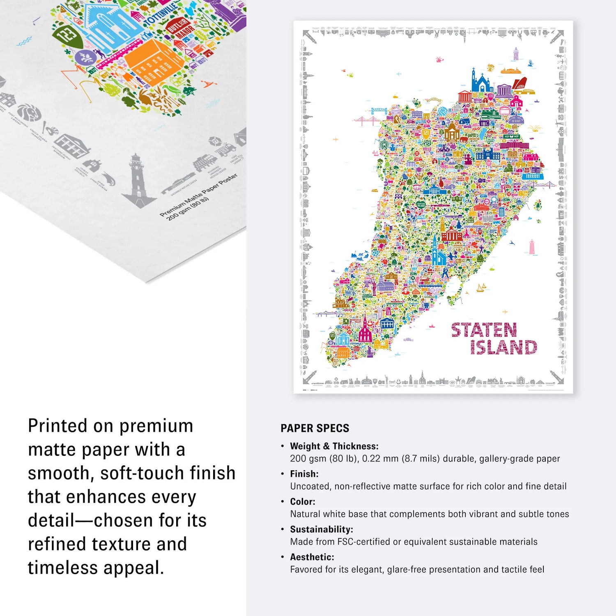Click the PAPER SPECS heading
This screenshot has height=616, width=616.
pos(315,428)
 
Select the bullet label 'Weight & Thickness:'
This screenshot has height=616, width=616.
pos(334,446)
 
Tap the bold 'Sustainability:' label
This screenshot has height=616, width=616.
pos(321,529)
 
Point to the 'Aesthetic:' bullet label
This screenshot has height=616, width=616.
pos(312,557)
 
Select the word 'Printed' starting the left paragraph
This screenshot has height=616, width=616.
pos(57,426)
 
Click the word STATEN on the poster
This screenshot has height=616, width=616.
pos(484,330)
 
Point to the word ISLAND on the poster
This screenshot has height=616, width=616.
pos(503,347)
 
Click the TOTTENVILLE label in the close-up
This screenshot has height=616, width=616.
pos(161,13)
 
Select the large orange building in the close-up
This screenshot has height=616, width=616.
pos(154,62)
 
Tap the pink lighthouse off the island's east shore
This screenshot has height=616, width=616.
pos(532,247)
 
